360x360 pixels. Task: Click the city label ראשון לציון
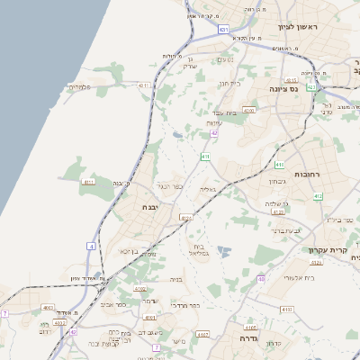[301, 27]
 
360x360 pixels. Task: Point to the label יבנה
[150, 207]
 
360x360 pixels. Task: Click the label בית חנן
[230, 83]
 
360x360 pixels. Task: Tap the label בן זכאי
[135, 251]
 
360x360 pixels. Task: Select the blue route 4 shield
[90, 246]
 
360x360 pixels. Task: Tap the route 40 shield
[261, 279]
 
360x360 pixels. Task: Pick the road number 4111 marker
[144, 85]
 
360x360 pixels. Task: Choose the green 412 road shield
[318, 195]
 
